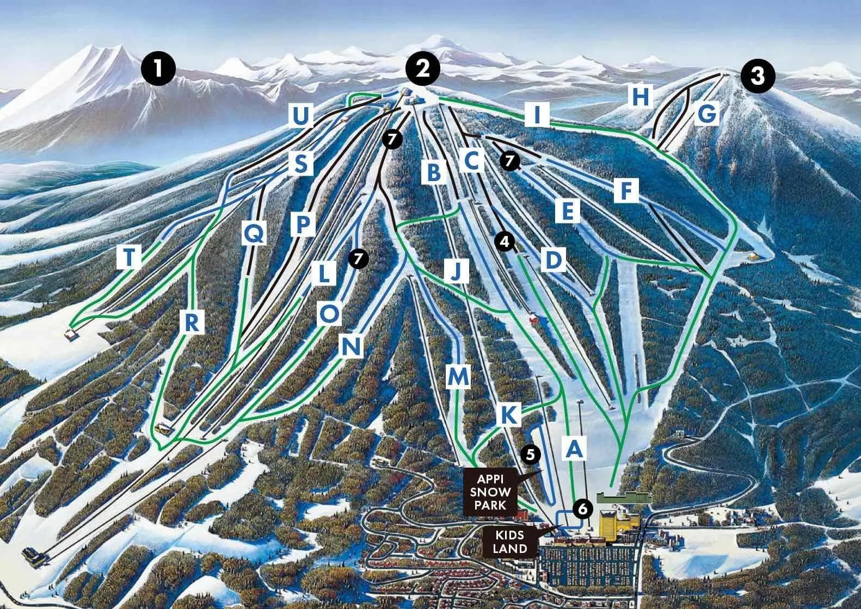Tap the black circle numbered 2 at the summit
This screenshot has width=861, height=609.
(422, 69)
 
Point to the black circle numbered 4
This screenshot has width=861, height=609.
(506, 243)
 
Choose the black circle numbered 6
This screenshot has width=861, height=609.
(582, 509)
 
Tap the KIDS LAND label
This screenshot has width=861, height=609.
(510, 542)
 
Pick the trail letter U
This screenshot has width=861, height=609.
(301, 115)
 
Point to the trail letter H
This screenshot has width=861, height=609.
(640, 97)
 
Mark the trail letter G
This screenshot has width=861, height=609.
(708, 114)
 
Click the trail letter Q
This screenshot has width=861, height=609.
(254, 234)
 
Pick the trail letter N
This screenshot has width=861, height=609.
(351, 346)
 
